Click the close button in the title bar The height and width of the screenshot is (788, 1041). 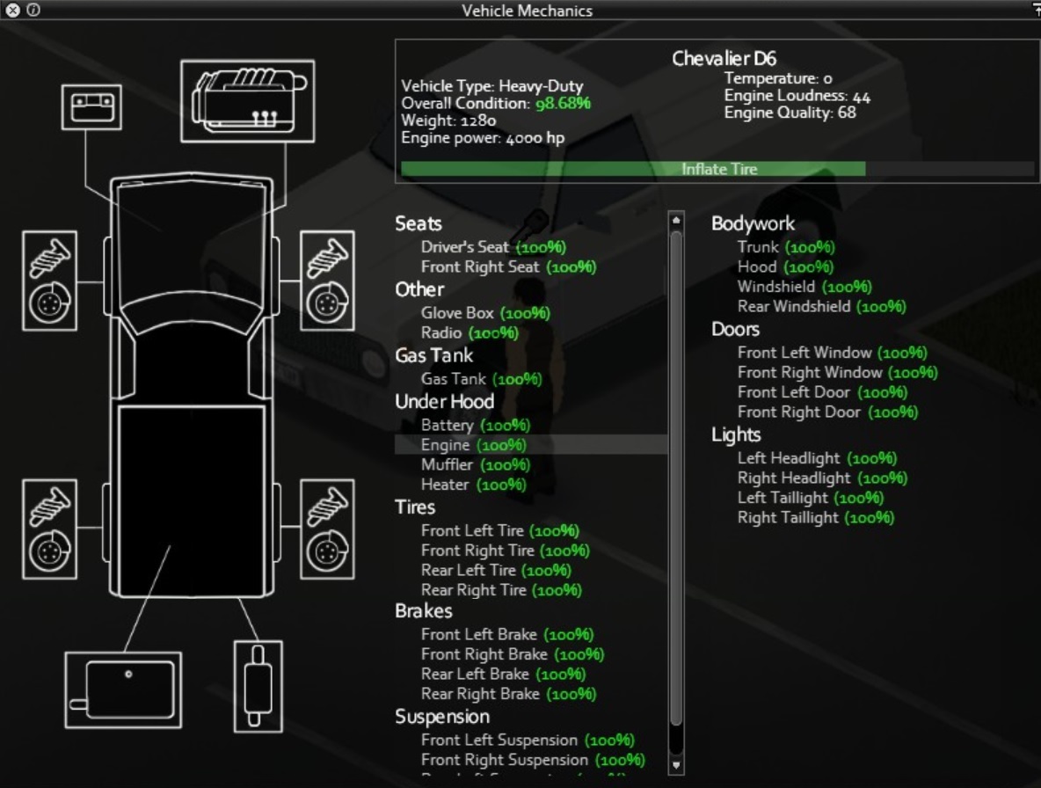coord(12,11)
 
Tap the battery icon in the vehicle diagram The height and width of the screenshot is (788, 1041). coord(91,107)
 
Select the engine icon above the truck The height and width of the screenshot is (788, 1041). coord(247,100)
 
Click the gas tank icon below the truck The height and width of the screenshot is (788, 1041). coord(123,690)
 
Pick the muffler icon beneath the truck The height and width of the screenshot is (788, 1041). coord(257,685)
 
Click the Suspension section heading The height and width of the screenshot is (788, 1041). coord(442,716)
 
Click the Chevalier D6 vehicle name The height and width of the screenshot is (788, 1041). coord(724,59)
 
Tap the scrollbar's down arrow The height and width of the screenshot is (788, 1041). coord(676,764)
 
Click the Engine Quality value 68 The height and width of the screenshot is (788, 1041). coord(847,113)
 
